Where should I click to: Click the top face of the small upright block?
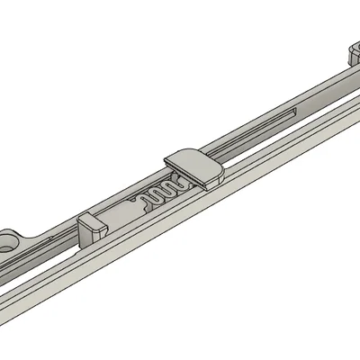(91, 219)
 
